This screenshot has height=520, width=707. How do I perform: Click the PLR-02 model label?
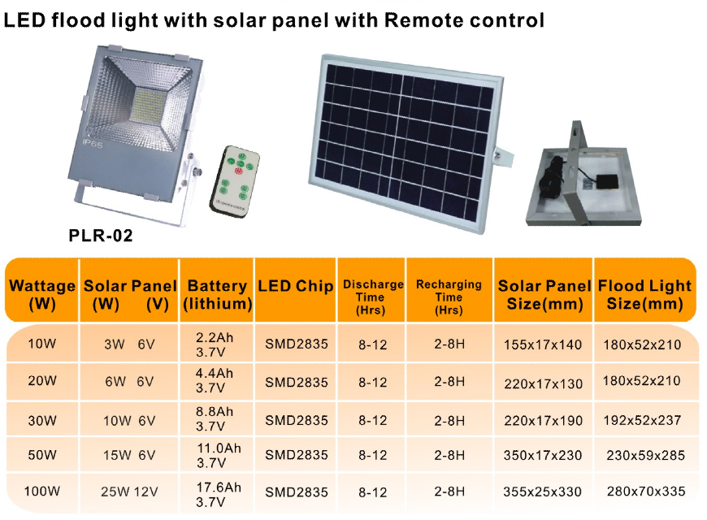(101, 236)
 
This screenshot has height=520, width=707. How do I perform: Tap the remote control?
(235, 181)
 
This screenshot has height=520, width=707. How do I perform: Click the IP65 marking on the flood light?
(93, 144)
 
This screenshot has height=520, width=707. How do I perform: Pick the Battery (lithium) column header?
(217, 294)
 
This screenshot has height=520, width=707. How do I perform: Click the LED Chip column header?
(295, 286)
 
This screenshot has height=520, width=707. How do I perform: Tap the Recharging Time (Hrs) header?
(449, 297)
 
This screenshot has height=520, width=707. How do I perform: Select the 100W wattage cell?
(42, 491)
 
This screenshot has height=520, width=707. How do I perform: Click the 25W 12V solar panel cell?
(129, 492)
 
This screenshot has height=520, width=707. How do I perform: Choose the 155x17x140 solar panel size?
(543, 345)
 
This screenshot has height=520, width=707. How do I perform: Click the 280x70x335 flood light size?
(646, 491)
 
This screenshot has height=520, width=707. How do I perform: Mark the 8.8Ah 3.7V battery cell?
(215, 418)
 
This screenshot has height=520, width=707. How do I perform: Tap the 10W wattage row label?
(42, 344)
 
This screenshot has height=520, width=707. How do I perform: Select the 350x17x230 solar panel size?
(543, 456)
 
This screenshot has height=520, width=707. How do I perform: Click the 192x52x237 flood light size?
(642, 420)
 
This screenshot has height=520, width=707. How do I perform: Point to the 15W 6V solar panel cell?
(129, 456)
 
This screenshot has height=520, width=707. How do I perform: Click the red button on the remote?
(238, 171)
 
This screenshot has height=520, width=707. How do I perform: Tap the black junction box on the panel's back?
(608, 182)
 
